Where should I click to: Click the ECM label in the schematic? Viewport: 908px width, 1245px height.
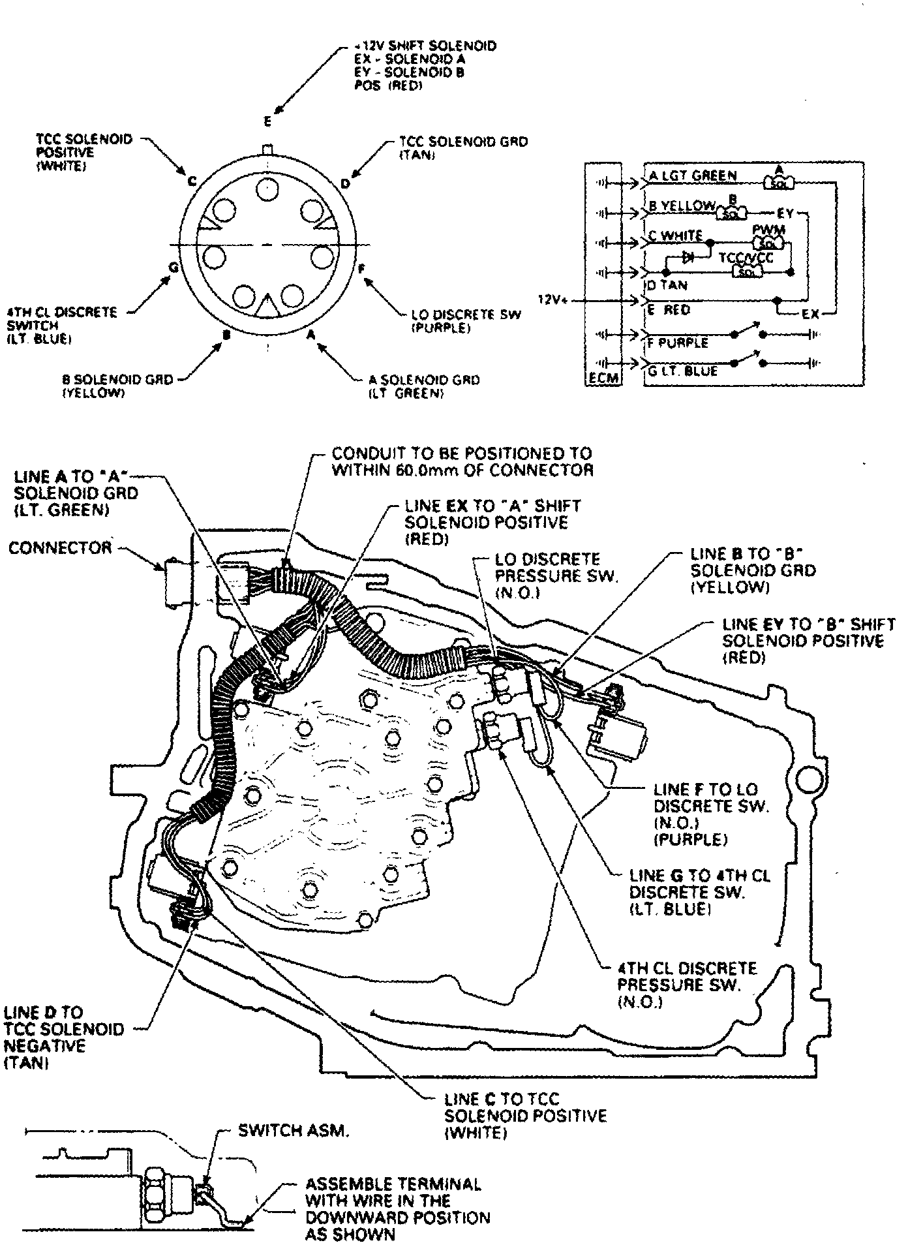[x=603, y=378]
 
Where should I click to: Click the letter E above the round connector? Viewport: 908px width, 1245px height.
[x=267, y=122]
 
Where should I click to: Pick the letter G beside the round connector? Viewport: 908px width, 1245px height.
[x=172, y=267]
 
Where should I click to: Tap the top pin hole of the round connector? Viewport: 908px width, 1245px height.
[x=267, y=189]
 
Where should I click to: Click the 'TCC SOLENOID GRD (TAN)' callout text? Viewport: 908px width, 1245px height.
[x=463, y=148]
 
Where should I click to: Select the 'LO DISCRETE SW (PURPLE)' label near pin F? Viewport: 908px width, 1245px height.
[x=466, y=322]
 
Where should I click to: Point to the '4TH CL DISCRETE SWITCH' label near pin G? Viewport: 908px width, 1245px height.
[x=63, y=325]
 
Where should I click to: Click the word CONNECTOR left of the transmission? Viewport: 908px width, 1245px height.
[x=60, y=547]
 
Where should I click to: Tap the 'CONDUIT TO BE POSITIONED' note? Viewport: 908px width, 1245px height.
[x=462, y=461]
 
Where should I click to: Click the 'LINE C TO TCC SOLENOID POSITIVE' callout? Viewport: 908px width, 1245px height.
[x=525, y=1116]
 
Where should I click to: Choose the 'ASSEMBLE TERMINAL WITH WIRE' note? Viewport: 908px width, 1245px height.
[x=396, y=1209]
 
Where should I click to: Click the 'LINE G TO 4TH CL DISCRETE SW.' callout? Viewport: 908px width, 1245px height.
[x=699, y=892]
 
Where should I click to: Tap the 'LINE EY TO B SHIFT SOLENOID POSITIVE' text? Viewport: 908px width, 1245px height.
[x=808, y=641]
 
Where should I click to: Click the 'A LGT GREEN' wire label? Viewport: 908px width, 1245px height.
[x=693, y=176]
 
